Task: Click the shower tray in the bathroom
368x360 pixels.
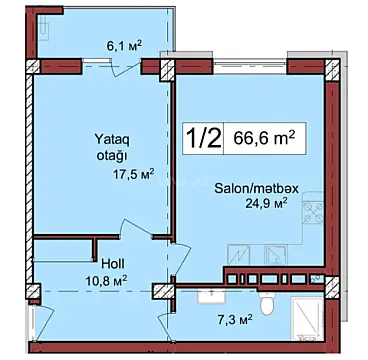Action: coord(304,314)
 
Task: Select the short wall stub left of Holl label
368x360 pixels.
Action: coord(95,252)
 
